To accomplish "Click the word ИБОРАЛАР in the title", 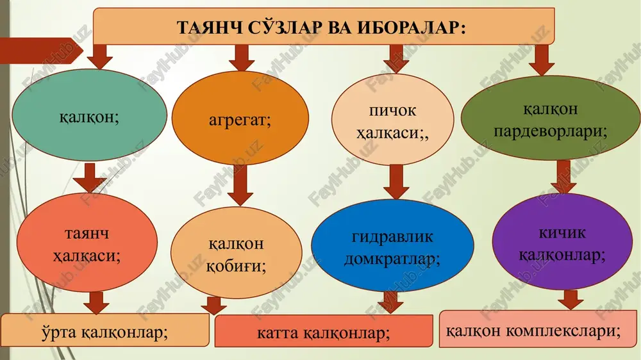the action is coord(412,28).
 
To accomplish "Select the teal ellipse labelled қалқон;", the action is coord(89,115).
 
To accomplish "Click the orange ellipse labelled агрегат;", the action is coord(240,118).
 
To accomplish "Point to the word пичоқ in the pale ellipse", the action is coord(392,110).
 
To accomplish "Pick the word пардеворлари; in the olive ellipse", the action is coord(550,131).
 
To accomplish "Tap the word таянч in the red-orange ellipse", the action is coord(87,234).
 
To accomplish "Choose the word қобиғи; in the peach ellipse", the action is coord(236,266).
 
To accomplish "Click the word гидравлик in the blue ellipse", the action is coord(392,237).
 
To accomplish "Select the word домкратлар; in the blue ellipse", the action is coord(392,259).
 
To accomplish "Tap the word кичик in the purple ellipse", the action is coord(562,233).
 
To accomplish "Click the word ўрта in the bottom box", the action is coord(59,332).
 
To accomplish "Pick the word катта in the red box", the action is coord(278,334).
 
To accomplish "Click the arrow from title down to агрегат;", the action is coord(242,58).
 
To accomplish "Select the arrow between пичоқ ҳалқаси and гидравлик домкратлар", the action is coord(396,182).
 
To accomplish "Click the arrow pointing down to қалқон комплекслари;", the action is coord(570,300).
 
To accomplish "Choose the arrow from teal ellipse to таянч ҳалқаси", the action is coord(90,177).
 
